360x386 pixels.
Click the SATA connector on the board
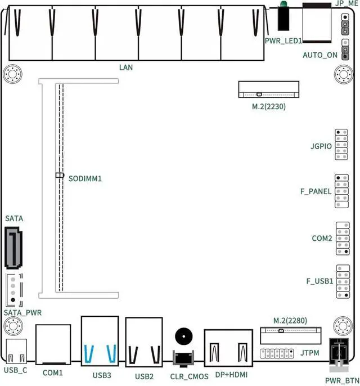pos(13,248)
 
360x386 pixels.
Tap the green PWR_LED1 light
pos(283,4)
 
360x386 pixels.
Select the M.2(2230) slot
pos(269,89)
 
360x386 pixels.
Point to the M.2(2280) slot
pos(291,336)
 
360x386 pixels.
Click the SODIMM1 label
pos(85,178)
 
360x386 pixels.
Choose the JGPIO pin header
pos(341,145)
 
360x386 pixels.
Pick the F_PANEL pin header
pos(341,191)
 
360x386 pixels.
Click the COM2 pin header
pos(343,239)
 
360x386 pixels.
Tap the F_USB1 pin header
pos(343,281)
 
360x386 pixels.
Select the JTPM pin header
pos(277,353)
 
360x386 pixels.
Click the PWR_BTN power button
pos(339,354)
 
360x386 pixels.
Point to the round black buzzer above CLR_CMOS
pos(183,336)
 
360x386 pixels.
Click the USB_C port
pos(16,351)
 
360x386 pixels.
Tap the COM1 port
pos(53,344)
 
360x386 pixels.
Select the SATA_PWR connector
pos(14,290)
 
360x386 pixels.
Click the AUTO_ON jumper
pos(345,50)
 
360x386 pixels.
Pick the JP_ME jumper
pos(345,24)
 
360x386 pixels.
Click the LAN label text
pos(126,67)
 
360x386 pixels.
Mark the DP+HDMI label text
pos(231,374)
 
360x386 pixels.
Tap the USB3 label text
pos(102,375)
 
